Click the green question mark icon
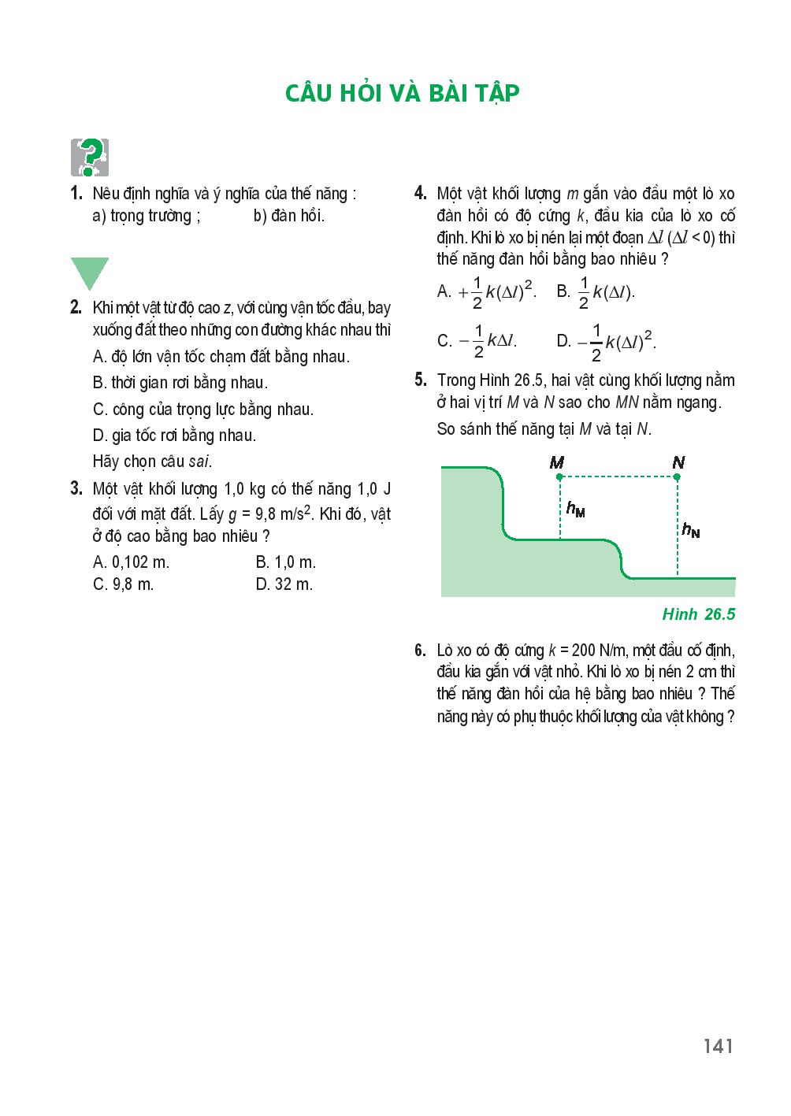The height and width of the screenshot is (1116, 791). point(89,158)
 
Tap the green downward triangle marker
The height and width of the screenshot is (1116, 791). point(89,272)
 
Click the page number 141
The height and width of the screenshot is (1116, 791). point(719,1046)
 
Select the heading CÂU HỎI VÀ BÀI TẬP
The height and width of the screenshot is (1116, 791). point(403,93)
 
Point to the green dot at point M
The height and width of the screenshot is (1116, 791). point(559,476)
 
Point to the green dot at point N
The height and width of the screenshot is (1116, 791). point(677,476)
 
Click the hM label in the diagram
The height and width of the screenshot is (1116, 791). point(575,510)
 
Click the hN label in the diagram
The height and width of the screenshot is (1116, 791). point(690,531)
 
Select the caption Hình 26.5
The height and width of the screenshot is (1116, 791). point(699,614)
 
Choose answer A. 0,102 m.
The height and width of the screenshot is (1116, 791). point(131,562)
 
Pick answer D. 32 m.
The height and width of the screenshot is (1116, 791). point(284,584)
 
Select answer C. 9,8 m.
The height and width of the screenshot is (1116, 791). point(123,584)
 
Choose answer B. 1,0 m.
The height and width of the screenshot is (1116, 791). point(285,562)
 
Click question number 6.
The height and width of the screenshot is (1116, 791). point(420,651)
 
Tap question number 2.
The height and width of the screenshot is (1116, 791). point(76,308)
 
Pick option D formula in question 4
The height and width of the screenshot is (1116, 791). point(607,340)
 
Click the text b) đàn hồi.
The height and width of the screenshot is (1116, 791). point(288,216)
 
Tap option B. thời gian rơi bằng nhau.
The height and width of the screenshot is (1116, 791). point(180,384)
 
